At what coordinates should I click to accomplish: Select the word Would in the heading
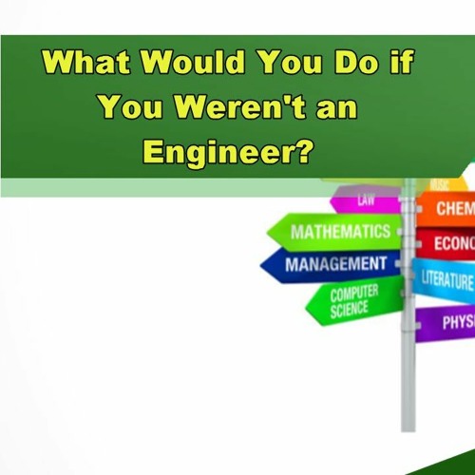(x=189, y=65)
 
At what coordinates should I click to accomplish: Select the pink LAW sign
(x=366, y=201)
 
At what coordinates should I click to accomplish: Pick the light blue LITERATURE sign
(x=446, y=279)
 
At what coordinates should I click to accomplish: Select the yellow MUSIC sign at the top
(x=439, y=183)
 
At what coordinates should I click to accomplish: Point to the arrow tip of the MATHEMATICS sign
(x=270, y=231)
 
